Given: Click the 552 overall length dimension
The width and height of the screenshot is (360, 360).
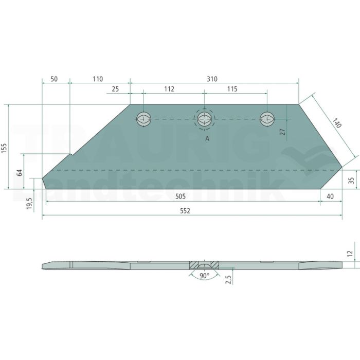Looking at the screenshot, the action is point(185,211).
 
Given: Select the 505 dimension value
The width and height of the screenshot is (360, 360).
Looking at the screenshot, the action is point(180,196).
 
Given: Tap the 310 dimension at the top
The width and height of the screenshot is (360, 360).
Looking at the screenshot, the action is point(212,79).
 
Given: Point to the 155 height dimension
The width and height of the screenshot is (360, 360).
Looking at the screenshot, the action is point(4,148).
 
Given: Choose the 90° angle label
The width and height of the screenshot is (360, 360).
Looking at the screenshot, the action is point(204,276).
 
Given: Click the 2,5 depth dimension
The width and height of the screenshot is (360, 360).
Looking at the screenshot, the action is point(228,279).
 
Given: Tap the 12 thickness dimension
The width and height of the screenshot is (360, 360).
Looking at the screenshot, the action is point(350,254).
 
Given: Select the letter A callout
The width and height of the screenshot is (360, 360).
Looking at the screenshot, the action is point(207,139).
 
